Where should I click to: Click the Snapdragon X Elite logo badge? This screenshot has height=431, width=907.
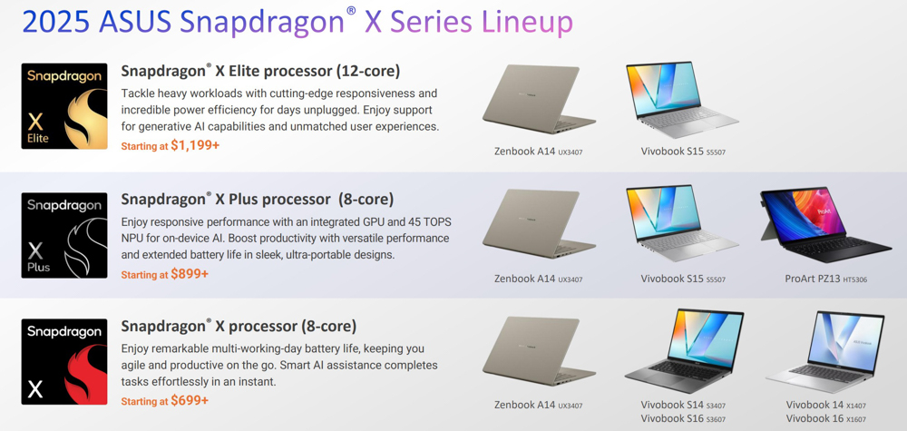point(64,106)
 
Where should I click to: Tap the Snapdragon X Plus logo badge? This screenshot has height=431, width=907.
point(64,235)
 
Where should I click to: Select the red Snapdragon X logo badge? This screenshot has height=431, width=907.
point(64,361)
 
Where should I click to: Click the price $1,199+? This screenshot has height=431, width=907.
point(195,145)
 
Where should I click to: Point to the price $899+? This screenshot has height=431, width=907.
point(190,274)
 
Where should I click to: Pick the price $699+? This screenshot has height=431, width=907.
point(190,400)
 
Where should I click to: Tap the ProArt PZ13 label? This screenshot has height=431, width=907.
point(826,279)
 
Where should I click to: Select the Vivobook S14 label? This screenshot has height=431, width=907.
point(683,405)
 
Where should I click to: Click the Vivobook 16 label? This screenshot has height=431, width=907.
point(826,419)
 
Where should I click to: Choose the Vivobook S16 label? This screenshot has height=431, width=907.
point(683,419)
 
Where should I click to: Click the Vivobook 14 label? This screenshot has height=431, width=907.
point(826,405)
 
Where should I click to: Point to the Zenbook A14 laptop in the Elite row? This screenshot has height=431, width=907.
point(539,99)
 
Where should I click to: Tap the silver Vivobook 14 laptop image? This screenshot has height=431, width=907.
point(825,352)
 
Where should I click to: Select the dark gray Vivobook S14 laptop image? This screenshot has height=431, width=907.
point(684,351)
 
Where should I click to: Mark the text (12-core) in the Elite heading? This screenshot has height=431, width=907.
point(368,71)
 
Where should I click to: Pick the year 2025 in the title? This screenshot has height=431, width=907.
point(56,22)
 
